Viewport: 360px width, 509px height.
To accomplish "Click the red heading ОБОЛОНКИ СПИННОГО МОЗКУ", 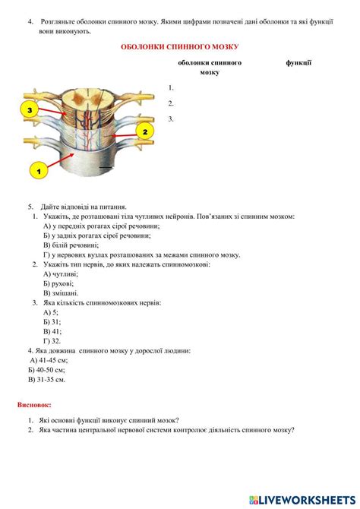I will [179, 47].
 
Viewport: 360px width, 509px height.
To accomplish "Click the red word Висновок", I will [34, 405].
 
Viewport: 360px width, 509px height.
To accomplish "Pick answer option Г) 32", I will [52, 341].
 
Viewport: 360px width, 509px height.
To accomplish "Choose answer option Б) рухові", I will [60, 283].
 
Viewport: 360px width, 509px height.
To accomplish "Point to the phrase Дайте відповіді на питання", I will [84, 207].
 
